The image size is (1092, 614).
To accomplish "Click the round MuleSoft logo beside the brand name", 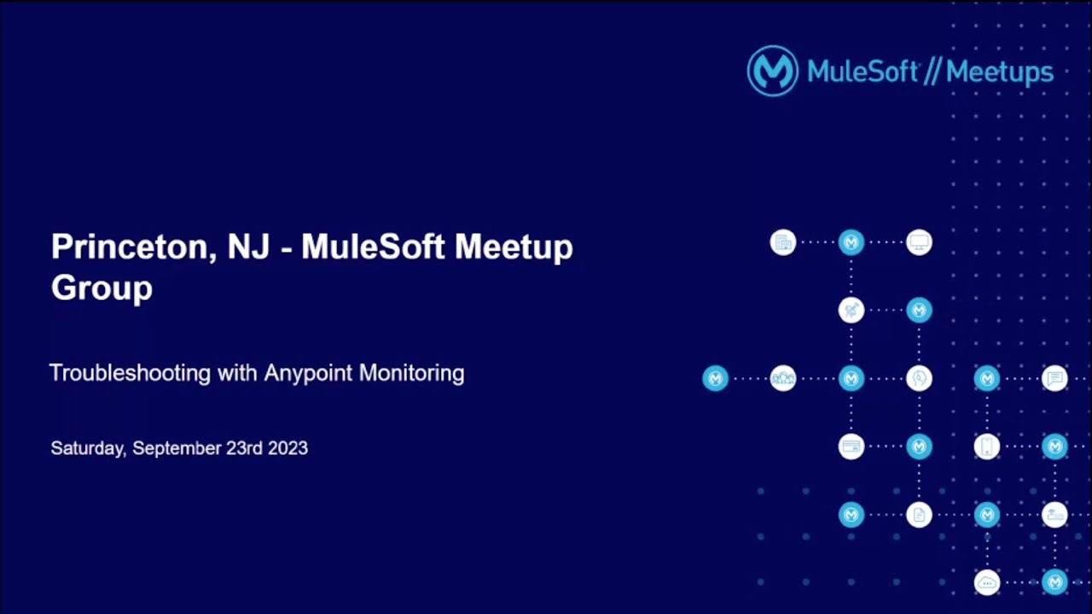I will (772, 71).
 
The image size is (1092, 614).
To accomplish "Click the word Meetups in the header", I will (1000, 72).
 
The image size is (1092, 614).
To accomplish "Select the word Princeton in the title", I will (129, 247).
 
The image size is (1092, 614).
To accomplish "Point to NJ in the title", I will (248, 247).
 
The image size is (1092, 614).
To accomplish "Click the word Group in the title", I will (102, 288).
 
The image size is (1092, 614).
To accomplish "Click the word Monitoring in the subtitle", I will (411, 374).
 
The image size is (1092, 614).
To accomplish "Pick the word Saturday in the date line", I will (88, 449).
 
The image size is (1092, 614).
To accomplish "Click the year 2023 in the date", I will (288, 449).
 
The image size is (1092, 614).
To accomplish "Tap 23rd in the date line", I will (244, 449).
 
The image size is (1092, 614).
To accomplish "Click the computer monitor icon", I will (919, 242).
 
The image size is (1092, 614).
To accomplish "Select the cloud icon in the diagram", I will (987, 583).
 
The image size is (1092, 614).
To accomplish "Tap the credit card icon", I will (851, 446).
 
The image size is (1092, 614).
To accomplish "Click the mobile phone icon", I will (987, 446).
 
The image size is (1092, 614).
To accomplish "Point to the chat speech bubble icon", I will (1055, 378).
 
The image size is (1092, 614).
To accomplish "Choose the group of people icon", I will (783, 378).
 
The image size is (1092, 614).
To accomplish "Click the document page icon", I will (919, 514).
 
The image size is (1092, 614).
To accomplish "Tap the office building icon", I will (783, 242).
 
